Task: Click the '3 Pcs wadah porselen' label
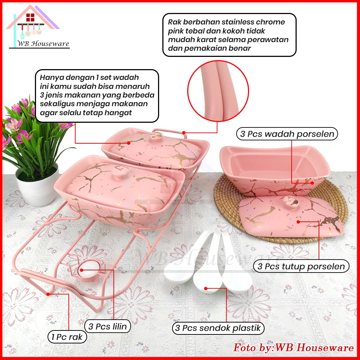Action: coord(287,134)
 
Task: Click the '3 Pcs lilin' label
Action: coord(108,327)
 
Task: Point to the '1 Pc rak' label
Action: coord(67,337)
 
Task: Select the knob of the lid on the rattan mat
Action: coord(291,203)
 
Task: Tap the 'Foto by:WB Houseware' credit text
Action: coord(293,348)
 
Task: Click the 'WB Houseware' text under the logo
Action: coord(43,44)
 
